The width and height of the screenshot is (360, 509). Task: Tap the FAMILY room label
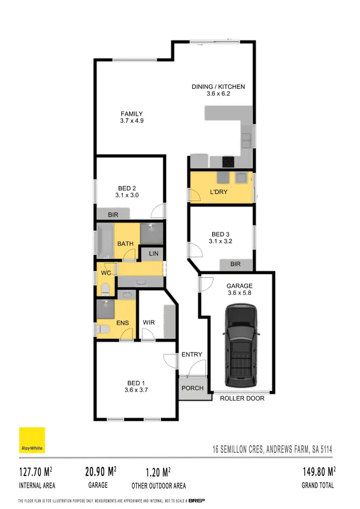(x=132, y=114)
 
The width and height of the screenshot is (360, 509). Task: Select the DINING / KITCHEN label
(x=218, y=87)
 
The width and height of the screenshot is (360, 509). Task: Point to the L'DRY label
(x=218, y=192)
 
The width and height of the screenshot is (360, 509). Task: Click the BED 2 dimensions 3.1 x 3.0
(x=127, y=195)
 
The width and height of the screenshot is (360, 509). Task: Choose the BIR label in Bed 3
(x=235, y=264)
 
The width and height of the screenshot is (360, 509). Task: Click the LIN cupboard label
(x=154, y=253)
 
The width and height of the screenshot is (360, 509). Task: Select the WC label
(x=106, y=273)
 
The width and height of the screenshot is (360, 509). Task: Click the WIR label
(x=149, y=322)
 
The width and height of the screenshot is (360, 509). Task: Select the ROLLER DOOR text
(x=242, y=398)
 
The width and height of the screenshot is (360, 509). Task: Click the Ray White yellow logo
(x=32, y=440)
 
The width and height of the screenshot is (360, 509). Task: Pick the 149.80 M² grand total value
(x=317, y=471)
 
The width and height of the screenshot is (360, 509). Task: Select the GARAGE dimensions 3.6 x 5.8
(x=240, y=293)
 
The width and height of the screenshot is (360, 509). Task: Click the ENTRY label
(x=192, y=354)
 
